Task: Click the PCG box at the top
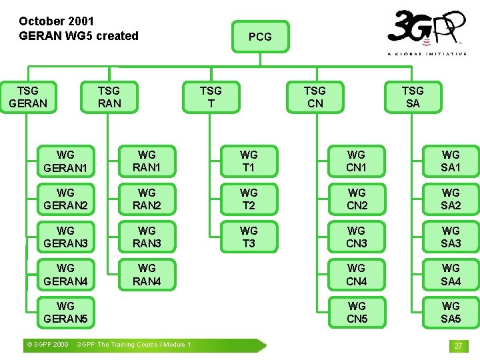pyautogui.click(x=260, y=37)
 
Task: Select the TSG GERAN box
pyautogui.click(x=28, y=97)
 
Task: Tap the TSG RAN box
pyautogui.click(x=109, y=97)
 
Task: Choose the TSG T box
pyautogui.click(x=211, y=97)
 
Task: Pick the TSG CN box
pyautogui.click(x=315, y=97)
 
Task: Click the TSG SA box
pyautogui.click(x=413, y=97)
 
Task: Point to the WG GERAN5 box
pyautogui.click(x=65, y=312)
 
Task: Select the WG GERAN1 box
pyautogui.click(x=65, y=161)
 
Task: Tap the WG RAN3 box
pyautogui.click(x=147, y=237)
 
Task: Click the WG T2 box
pyautogui.click(x=249, y=199)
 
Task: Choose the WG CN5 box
pyautogui.click(x=357, y=312)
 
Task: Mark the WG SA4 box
pyautogui.click(x=451, y=275)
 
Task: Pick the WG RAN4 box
pyautogui.click(x=147, y=275)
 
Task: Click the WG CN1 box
pyautogui.click(x=357, y=161)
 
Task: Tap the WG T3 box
pyautogui.click(x=249, y=237)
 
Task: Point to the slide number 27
pyautogui.click(x=458, y=346)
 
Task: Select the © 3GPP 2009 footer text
pyautogui.click(x=46, y=345)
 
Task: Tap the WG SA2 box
pyautogui.click(x=451, y=199)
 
